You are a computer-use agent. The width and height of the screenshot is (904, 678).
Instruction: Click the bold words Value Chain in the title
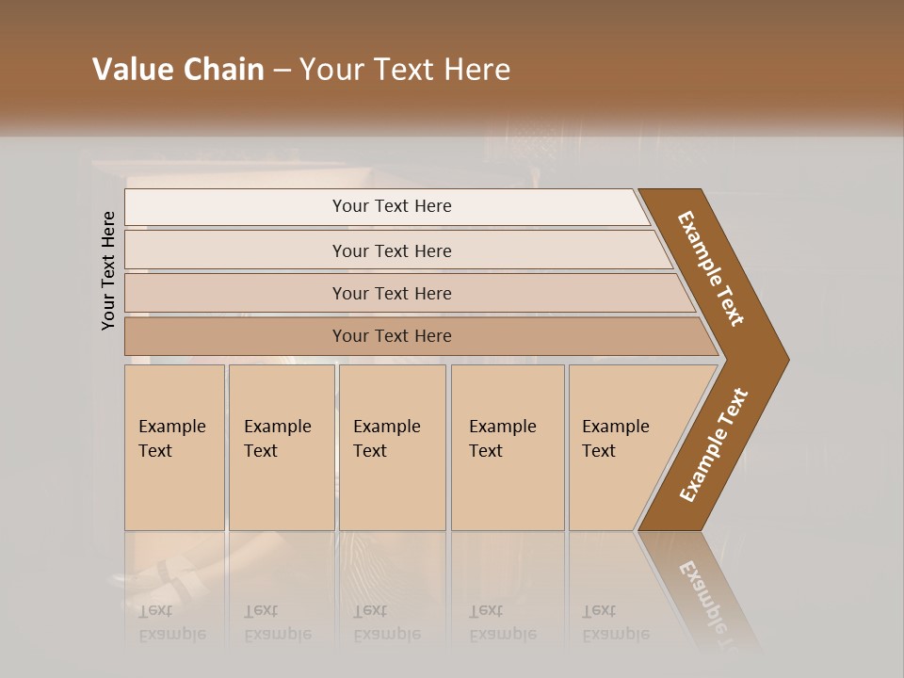click(x=178, y=70)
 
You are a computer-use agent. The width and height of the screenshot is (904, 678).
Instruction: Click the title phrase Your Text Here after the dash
click(x=405, y=70)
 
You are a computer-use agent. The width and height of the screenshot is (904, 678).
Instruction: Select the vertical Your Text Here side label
click(x=108, y=270)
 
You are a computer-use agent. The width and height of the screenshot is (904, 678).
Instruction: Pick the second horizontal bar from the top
click(x=392, y=250)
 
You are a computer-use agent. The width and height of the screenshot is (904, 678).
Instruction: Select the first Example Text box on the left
click(x=174, y=447)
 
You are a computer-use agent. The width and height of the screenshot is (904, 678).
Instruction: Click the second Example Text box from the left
click(x=281, y=447)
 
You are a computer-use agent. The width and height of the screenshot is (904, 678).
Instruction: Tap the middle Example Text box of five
click(x=392, y=447)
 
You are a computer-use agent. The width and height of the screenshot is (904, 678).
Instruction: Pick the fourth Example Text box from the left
click(x=508, y=447)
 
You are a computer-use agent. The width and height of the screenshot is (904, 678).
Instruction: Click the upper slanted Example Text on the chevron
click(x=711, y=268)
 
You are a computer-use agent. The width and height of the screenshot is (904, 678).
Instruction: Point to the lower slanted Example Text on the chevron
click(x=714, y=445)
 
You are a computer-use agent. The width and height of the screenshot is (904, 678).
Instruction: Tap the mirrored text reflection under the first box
click(x=171, y=622)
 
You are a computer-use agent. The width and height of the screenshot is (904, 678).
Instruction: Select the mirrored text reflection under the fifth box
click(x=615, y=622)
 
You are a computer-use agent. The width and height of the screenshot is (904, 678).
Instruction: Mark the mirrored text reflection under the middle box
click(x=386, y=622)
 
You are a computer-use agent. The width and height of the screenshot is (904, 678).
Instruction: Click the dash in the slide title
click(x=282, y=71)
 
